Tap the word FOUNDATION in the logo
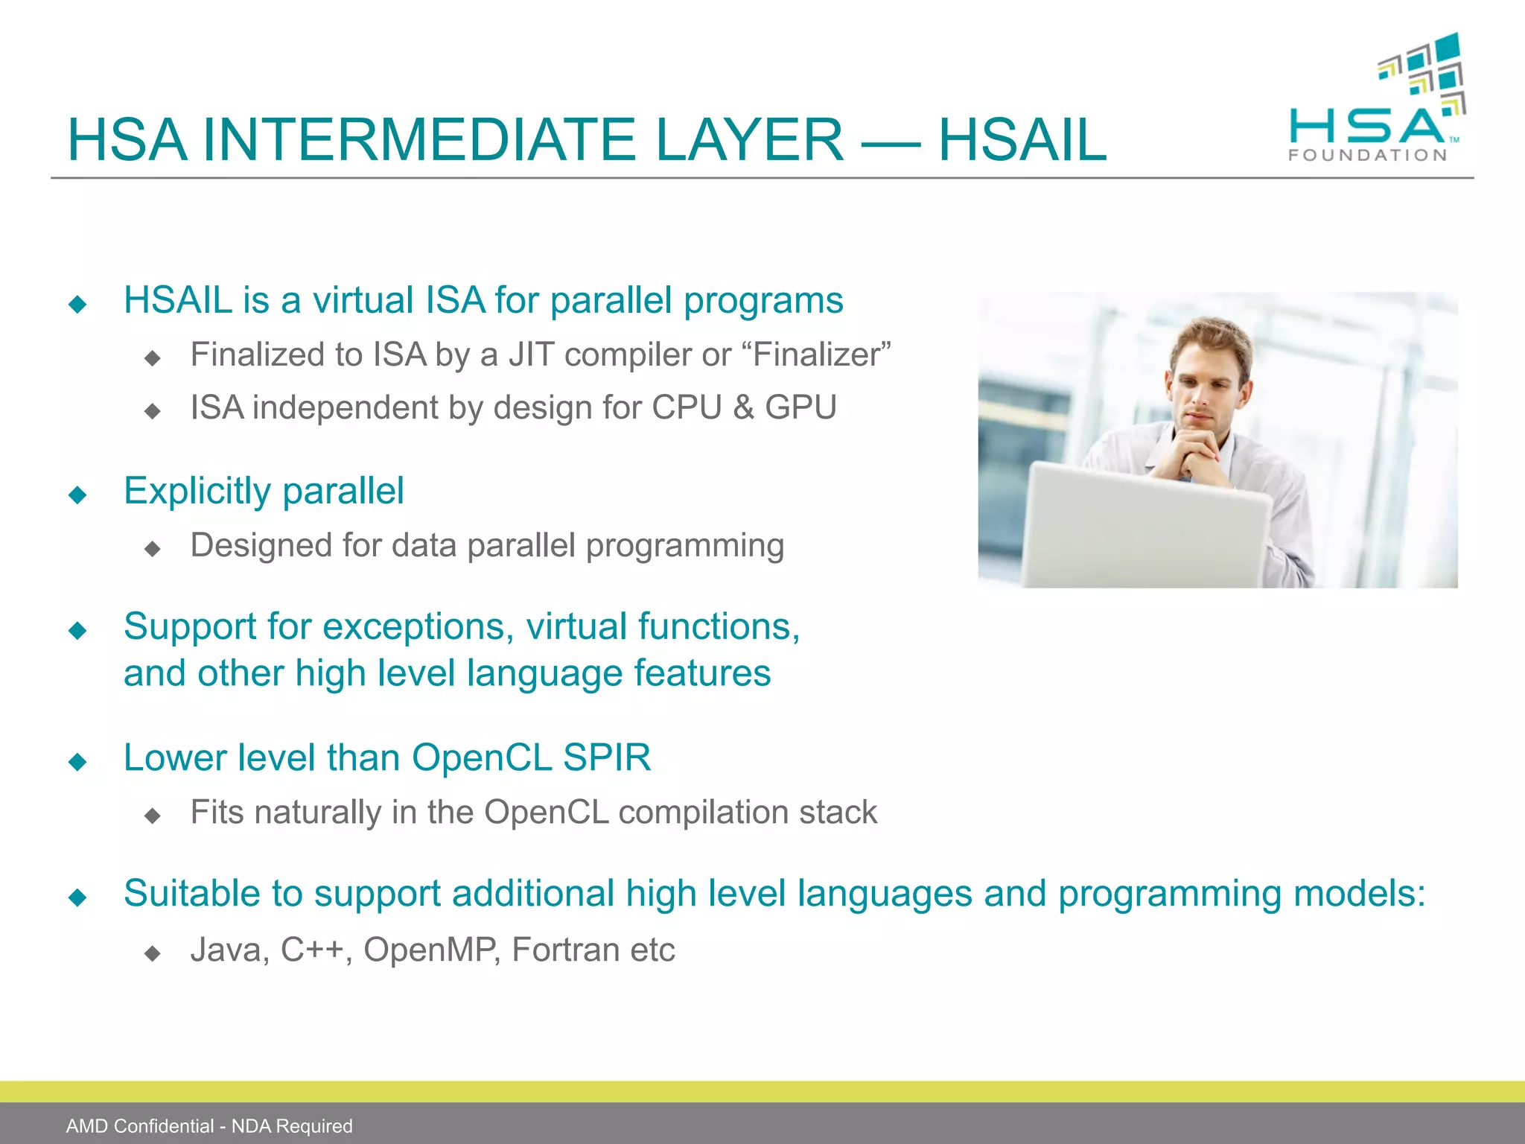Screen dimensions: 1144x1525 [x=1367, y=156]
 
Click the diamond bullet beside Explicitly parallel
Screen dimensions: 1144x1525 [x=77, y=495]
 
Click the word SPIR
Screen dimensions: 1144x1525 [x=606, y=757]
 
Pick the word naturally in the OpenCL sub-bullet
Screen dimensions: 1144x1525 [x=317, y=812]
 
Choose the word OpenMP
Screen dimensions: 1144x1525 [x=430, y=950]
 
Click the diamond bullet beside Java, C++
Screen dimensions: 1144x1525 [x=153, y=953]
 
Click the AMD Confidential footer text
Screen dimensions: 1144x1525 [x=209, y=1126]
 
